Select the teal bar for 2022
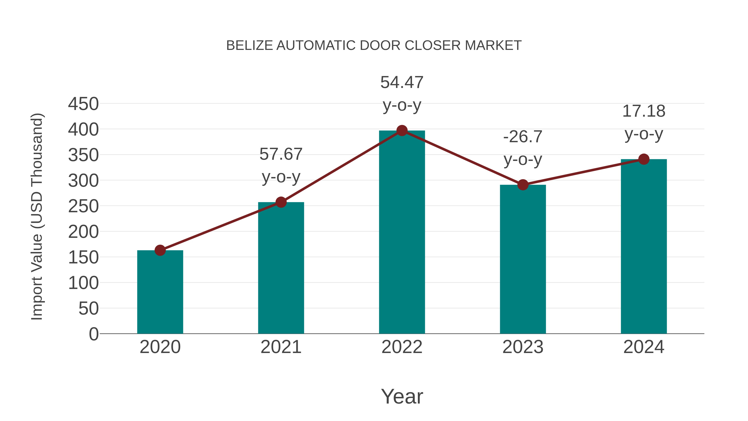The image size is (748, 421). pyautogui.click(x=402, y=232)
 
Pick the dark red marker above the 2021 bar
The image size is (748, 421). pyautogui.click(x=281, y=202)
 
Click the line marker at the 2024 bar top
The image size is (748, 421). pyautogui.click(x=644, y=159)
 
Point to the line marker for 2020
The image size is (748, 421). pyautogui.click(x=160, y=250)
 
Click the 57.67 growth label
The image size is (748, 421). pyautogui.click(x=281, y=154)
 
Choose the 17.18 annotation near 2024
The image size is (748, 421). pyautogui.click(x=644, y=111)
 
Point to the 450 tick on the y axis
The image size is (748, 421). pyautogui.click(x=83, y=104)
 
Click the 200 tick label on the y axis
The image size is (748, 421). pyautogui.click(x=83, y=232)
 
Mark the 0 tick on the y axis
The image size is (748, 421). pyautogui.click(x=93, y=334)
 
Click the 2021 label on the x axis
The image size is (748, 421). pyautogui.click(x=281, y=347)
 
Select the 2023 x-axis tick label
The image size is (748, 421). pyautogui.click(x=523, y=347)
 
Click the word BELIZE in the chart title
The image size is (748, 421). pyautogui.click(x=249, y=46)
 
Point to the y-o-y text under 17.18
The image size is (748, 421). pyautogui.click(x=644, y=134)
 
